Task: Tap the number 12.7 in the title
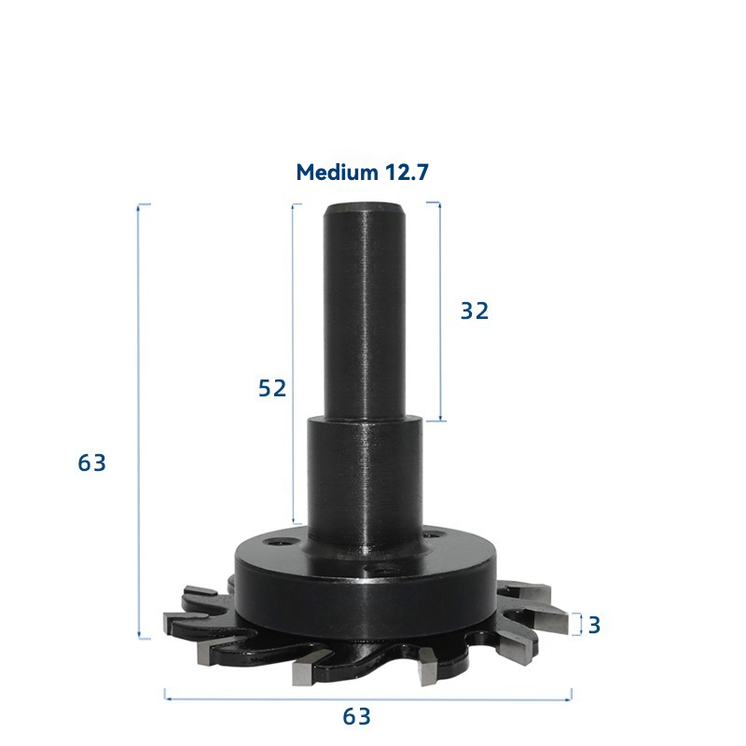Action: pyautogui.click(x=407, y=173)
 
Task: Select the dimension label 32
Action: pyautogui.click(x=475, y=311)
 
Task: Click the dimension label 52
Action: pyautogui.click(x=272, y=388)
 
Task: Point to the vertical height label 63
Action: pyautogui.click(x=91, y=463)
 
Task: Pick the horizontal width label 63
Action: pyautogui.click(x=356, y=716)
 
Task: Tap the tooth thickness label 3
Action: pyautogui.click(x=594, y=625)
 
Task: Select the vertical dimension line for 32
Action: pyautogui.click(x=440, y=311)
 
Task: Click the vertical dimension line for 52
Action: pyautogui.click(x=294, y=364)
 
